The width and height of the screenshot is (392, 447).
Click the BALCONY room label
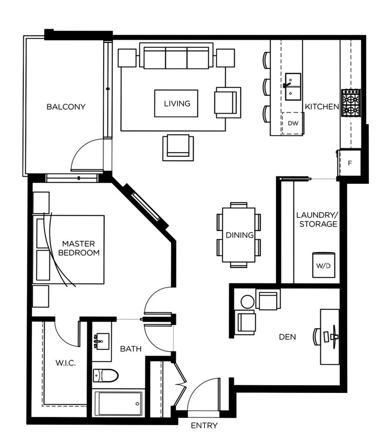tap(66, 107)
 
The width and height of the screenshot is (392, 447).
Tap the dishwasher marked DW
tap(292, 123)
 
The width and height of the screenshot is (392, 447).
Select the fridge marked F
tap(350, 163)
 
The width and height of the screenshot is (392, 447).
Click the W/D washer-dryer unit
tap(323, 265)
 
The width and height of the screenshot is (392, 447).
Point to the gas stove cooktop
tap(351, 102)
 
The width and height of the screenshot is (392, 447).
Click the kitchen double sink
tap(292, 87)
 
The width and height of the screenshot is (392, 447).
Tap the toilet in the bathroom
tap(106, 375)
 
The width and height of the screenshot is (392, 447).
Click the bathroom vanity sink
tap(101, 341)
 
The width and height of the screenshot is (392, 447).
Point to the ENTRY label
tap(204, 426)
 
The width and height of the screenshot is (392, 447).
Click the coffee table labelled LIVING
tap(176, 103)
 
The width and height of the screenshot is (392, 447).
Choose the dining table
tap(239, 235)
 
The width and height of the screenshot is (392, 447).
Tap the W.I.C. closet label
tap(66, 363)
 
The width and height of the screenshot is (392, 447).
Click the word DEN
tap(287, 337)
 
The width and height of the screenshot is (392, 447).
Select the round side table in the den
tap(247, 302)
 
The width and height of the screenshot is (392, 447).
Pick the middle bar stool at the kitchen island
tap(266, 87)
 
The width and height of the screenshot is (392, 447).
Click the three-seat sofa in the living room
tap(176, 56)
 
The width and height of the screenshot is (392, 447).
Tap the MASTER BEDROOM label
tap(79, 248)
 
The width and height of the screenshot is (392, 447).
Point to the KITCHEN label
tap(322, 107)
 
